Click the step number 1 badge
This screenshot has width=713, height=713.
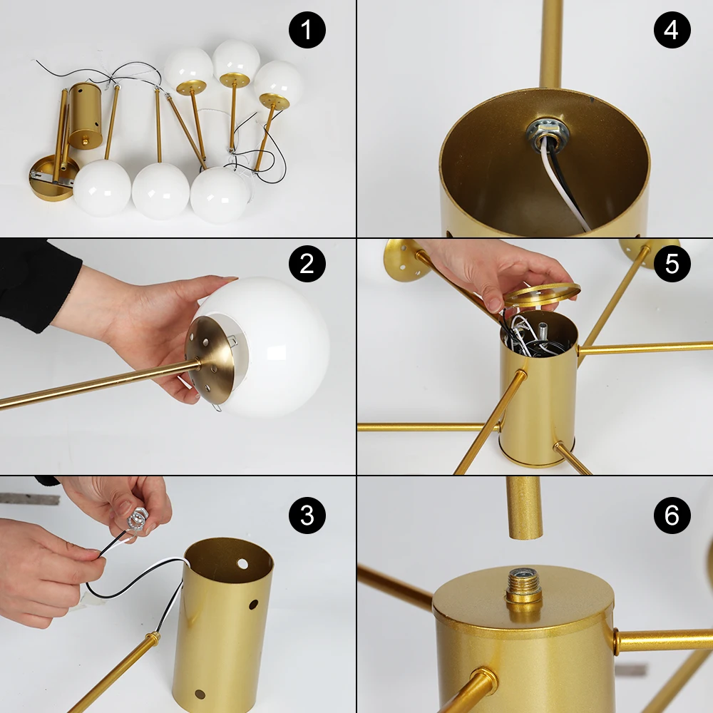point(307,30)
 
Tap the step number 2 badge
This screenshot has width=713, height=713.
point(307,264)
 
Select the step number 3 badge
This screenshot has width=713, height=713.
point(307,515)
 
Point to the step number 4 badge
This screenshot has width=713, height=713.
point(672,30)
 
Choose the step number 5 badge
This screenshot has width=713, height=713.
point(672,264)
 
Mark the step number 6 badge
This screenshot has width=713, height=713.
point(672,515)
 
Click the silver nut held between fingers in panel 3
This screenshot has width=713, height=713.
point(136,519)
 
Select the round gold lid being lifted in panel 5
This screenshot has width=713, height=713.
point(543,294)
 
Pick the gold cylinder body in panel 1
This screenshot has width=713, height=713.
point(85,114)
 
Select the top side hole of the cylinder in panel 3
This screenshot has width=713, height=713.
point(243,564)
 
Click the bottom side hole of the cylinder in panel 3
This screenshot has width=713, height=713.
point(200,694)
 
